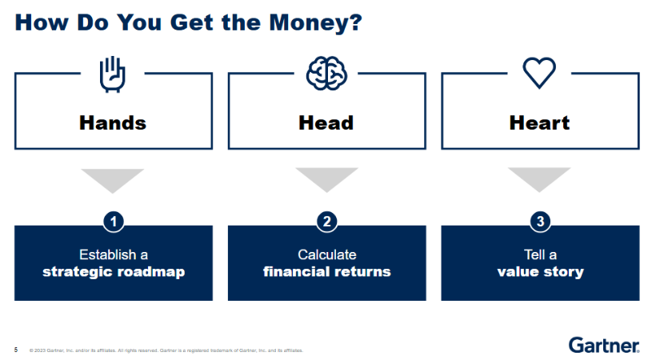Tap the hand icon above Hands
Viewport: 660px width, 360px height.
point(112,74)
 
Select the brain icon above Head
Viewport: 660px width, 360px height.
point(326,74)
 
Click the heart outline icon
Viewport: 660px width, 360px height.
point(539,73)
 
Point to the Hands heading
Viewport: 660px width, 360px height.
point(113,123)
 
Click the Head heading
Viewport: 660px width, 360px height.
point(326,123)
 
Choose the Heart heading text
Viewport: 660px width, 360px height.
point(540,123)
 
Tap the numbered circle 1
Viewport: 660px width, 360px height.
point(114,222)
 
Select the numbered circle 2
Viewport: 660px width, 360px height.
point(327,222)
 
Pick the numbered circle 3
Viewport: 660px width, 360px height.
point(541,222)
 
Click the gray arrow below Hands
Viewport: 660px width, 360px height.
point(113,178)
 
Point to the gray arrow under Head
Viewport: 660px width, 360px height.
point(326,178)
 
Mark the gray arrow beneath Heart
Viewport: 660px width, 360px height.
point(539,178)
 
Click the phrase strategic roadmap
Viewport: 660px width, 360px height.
point(114,272)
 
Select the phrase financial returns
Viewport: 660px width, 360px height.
point(327,271)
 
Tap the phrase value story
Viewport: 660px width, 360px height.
point(541,272)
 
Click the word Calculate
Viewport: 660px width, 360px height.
point(327,254)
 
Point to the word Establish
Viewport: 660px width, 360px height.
point(108,254)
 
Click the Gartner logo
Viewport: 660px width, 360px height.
point(604,346)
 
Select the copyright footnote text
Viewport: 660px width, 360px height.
point(166,350)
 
